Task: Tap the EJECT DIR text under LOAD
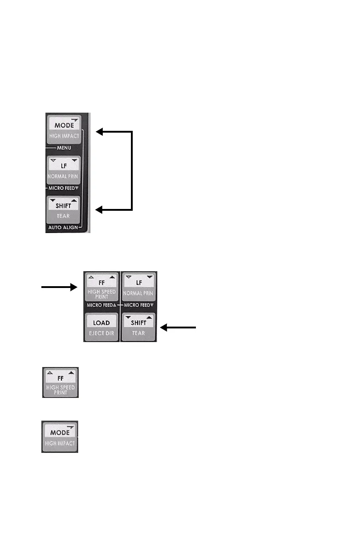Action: point(101,333)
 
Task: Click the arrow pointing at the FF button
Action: point(59,287)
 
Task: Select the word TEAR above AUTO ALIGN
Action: point(63,216)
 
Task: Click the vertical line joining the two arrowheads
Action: point(132,171)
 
